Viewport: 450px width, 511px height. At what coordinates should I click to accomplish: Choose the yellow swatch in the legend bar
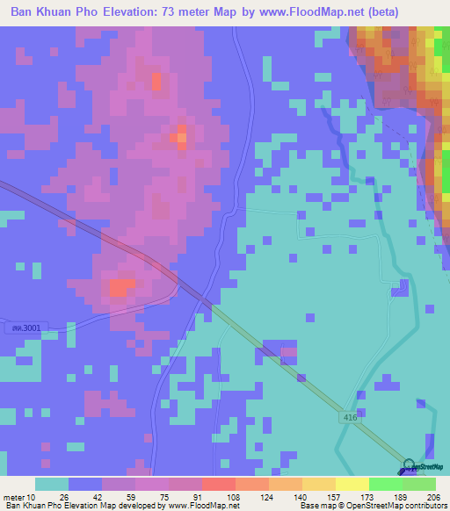(352, 484)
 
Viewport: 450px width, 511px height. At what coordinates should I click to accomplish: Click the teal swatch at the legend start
(51, 484)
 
